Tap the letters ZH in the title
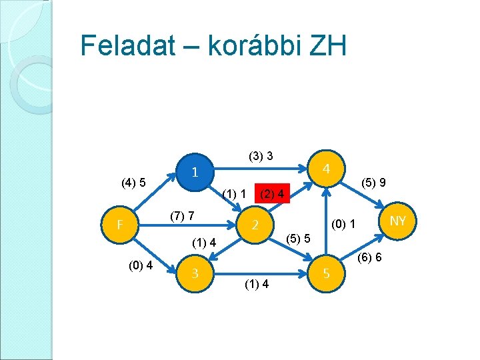pos(327,46)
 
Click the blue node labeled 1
pos(193,172)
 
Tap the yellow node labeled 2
pos(255,225)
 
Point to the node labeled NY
pos(398,221)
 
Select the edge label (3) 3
pos(261,157)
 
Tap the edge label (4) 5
pos(133,182)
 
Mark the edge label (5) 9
pos(375,182)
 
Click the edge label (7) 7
pos(181,216)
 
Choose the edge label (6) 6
pos(369,257)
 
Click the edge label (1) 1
pos(235,194)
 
